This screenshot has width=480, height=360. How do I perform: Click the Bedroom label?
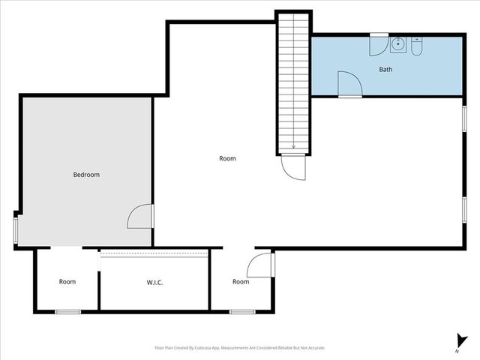(85, 175)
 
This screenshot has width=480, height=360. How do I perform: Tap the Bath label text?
(385, 70)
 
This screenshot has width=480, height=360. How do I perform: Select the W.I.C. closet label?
(155, 282)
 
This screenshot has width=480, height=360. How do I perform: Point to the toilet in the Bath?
(418, 47)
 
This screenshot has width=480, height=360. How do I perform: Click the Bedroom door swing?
(140, 217)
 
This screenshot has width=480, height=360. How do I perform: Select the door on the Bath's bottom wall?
(349, 84)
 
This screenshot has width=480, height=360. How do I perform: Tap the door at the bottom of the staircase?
(294, 166)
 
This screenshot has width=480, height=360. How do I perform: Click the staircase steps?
(293, 82)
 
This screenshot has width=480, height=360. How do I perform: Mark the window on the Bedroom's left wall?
(16, 229)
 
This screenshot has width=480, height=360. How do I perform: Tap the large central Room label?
(227, 158)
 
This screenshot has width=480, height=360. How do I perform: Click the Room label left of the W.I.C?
(67, 282)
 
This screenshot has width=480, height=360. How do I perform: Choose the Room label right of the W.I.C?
(240, 282)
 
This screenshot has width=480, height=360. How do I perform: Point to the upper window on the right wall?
(465, 118)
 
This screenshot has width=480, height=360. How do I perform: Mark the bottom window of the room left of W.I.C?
(67, 311)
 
